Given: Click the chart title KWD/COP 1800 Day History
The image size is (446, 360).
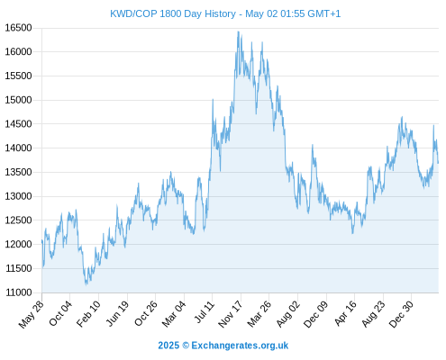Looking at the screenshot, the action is (173, 13).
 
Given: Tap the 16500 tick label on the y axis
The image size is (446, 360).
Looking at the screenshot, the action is (18, 28).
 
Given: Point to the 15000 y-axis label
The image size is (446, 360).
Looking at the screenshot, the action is (18, 100).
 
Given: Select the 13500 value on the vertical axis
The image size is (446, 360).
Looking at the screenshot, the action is (18, 172).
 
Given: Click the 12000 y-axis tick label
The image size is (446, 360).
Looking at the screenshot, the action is (18, 244).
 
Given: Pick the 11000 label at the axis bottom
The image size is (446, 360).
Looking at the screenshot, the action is (18, 292).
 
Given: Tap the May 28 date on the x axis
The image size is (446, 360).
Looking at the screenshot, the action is (32, 314).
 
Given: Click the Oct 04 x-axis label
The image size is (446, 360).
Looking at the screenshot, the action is (60, 313).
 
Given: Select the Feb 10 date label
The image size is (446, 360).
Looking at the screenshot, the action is (88, 313).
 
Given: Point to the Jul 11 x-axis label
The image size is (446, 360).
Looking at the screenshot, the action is (205, 312).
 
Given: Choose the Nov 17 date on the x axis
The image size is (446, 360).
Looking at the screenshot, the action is (231, 314).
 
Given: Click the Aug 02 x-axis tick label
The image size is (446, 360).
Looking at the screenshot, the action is (288, 313).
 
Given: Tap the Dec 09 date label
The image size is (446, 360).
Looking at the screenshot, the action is (316, 314).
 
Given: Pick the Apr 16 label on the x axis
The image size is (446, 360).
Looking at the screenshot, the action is (346, 313).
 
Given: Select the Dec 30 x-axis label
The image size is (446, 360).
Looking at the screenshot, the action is (402, 314).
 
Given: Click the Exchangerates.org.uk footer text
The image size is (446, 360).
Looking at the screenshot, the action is (240, 346).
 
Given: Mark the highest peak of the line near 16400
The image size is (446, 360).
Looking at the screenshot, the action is (239, 31).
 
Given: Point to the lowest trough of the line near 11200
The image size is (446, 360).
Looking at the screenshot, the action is (86, 284).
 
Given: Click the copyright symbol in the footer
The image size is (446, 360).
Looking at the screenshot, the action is (186, 346).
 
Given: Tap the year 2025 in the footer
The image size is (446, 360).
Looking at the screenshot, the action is (168, 346).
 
